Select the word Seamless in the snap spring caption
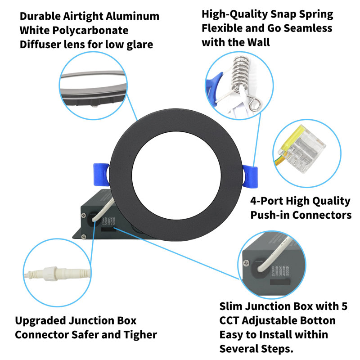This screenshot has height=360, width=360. [308, 28]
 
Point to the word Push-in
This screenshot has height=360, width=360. [270, 215]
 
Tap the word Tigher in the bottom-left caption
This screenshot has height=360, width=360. [140, 335]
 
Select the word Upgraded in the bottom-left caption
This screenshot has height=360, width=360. [40, 321]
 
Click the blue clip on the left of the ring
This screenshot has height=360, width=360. [100, 175]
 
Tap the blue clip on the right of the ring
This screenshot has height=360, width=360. [250, 177]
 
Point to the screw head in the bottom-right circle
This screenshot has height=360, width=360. [247, 263]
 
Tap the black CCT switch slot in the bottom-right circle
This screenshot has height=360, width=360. [280, 282]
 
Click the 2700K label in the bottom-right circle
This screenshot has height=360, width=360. [273, 271]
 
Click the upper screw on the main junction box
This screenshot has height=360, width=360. [84, 216]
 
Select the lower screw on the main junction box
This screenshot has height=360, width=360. [84, 236]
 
